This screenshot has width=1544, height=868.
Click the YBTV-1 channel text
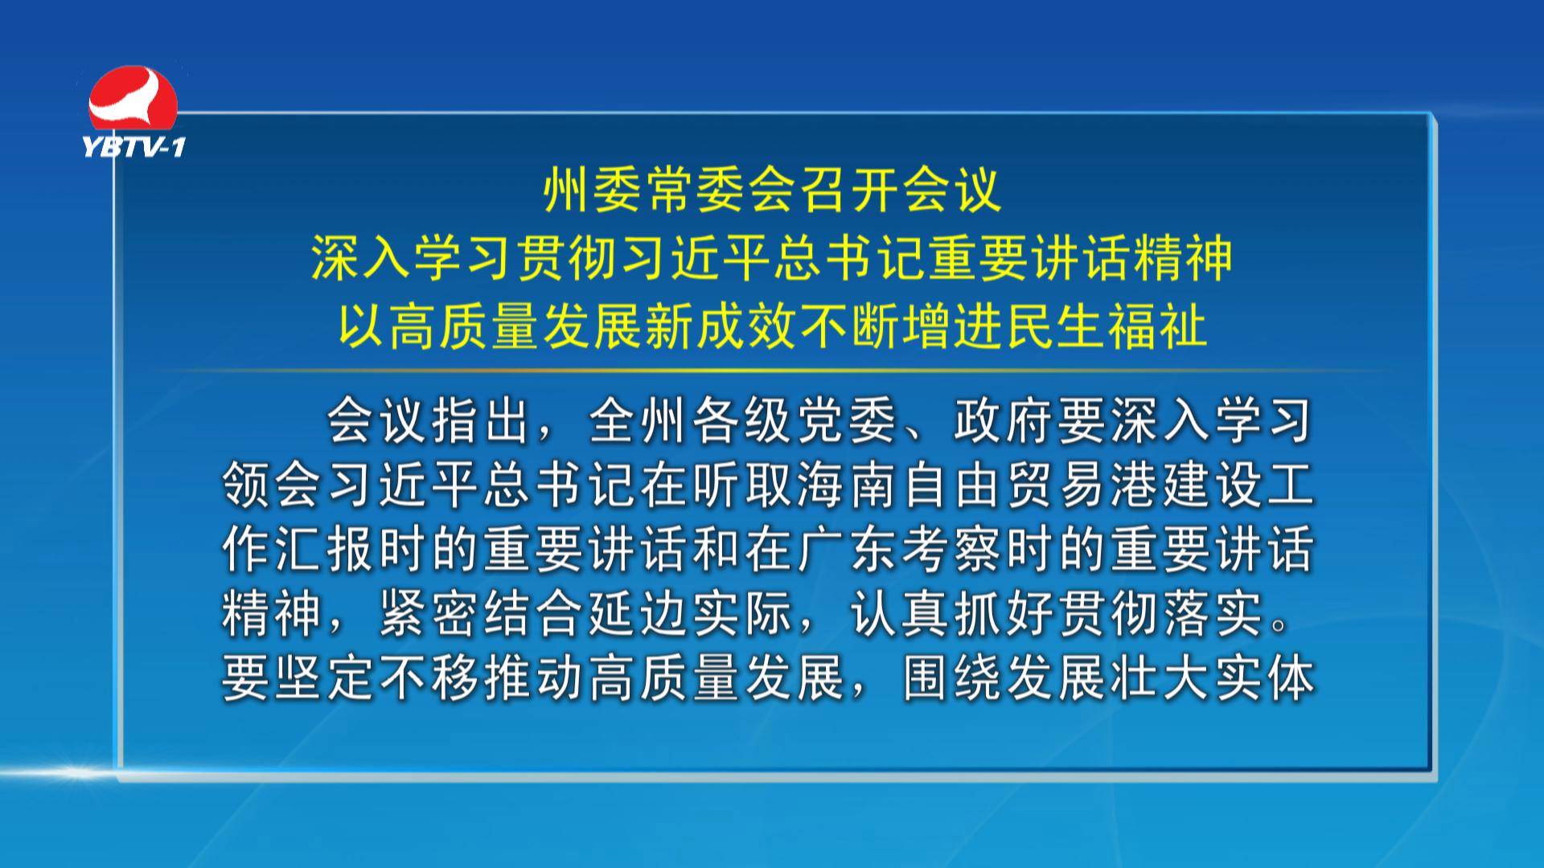coord(133,146)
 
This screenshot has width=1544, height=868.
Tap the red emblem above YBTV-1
coord(133,98)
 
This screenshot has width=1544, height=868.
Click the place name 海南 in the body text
coord(849,485)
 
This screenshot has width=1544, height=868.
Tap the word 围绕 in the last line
coord(954,678)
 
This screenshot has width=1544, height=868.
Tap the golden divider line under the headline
coord(772,371)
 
